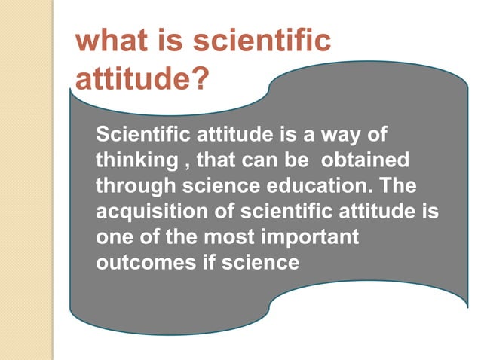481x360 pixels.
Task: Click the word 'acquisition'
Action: [x=146, y=212]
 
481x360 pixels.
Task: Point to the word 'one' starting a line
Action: [x=114, y=236]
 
